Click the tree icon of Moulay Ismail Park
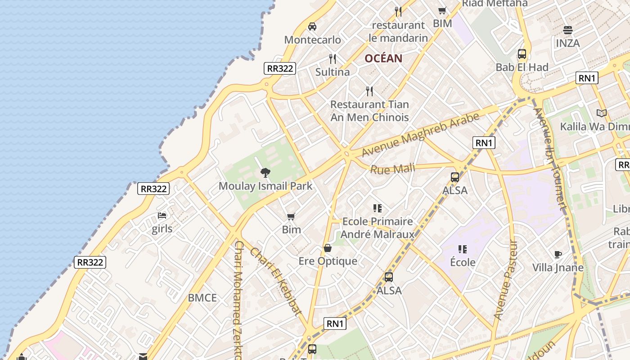[265, 172]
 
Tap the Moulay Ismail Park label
[265, 186]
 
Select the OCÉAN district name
[383, 58]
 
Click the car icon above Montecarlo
[312, 27]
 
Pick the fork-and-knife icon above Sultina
[333, 59]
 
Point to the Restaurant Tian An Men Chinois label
[369, 111]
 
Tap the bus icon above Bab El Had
[522, 54]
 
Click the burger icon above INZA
[568, 30]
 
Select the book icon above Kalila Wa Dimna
[602, 113]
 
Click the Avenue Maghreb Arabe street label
[421, 135]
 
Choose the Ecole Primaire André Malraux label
[378, 228]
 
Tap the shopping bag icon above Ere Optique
[328, 248]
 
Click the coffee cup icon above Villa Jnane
[558, 255]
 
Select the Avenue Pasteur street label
[506, 281]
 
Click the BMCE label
[202, 298]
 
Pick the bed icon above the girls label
[162, 216]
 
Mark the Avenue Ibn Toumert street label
[549, 159]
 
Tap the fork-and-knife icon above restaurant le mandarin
[398, 11]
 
